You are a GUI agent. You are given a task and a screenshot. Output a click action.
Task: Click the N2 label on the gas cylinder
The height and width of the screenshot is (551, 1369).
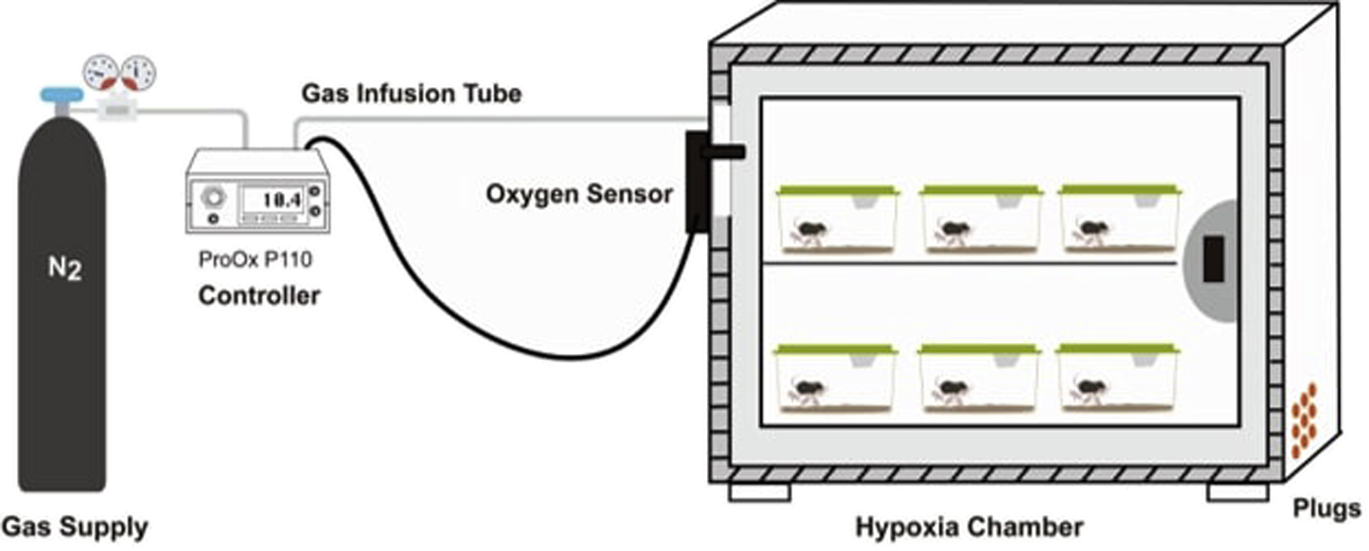pos(64,268)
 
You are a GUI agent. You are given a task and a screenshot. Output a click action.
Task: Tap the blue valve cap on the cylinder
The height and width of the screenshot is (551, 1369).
pos(61,95)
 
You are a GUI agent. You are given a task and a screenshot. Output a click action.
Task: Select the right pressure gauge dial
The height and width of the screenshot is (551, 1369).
pos(138,73)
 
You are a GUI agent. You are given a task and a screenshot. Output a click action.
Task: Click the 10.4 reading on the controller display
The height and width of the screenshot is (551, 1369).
pos(281,200)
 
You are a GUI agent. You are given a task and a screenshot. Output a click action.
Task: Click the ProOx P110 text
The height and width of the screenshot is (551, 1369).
pos(255,259)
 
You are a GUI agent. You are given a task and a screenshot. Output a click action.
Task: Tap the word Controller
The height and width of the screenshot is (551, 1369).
pos(259,296)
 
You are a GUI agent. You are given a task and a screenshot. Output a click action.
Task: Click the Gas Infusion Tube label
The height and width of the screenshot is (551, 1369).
pos(411,94)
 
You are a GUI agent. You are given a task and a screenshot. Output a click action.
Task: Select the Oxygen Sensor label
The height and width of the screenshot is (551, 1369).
pos(579,194)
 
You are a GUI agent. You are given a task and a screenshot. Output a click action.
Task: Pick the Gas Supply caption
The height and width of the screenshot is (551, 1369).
pos(74,527)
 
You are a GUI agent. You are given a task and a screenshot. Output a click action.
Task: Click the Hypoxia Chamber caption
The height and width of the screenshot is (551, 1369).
pos(969,527)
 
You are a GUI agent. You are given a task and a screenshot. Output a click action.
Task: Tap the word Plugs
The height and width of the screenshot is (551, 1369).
pos(1326,508)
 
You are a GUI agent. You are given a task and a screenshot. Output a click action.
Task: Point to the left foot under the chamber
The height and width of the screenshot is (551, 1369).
pos(759,492)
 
